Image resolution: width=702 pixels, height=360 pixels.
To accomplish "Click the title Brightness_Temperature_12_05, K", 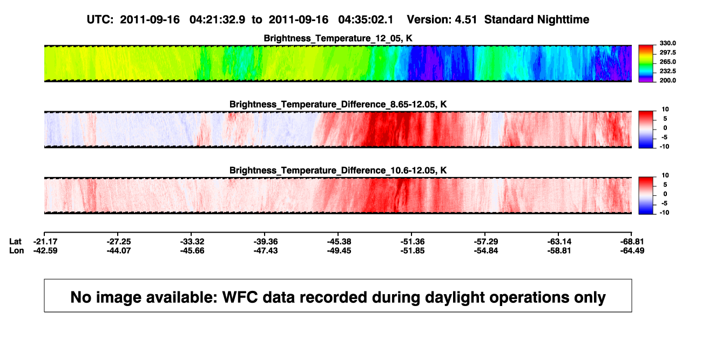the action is click(338, 38).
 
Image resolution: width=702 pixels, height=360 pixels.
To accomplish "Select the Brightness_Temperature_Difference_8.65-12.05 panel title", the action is click(338, 104).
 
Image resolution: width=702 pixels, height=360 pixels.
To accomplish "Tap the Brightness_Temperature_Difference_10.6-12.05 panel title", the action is click(338, 171).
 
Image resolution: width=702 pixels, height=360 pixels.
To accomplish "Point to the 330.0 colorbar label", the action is click(667, 43).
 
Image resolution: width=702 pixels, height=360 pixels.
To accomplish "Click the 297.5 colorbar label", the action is click(667, 52).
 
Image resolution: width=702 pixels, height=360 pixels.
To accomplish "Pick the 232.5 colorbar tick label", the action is click(667, 71).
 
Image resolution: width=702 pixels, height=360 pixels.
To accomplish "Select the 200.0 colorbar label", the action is click(667, 80).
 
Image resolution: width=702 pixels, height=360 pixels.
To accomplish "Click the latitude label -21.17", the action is click(45, 242).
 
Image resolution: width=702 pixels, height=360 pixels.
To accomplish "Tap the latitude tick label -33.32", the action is click(192, 242).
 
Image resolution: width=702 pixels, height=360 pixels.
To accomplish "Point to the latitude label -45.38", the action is click(339, 242).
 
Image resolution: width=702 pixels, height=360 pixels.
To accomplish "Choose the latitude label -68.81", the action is click(632, 242).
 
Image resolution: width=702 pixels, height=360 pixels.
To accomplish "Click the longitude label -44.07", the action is click(119, 250).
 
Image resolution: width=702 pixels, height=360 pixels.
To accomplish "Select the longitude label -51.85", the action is click(413, 250).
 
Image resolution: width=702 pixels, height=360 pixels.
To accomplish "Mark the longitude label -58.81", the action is click(559, 250).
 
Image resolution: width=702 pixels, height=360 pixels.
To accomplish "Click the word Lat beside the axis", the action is click(15, 242).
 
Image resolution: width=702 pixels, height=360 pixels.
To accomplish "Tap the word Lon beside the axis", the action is click(17, 250).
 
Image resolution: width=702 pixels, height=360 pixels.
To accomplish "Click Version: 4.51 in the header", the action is click(442, 20).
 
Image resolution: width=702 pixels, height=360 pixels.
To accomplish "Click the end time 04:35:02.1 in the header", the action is click(366, 20).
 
